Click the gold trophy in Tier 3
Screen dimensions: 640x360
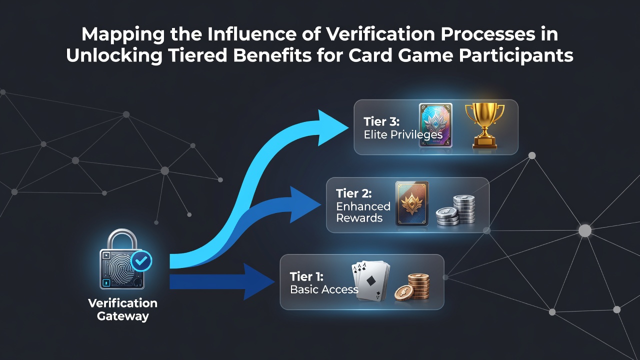(x=485, y=125)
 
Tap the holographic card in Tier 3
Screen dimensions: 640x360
(x=435, y=125)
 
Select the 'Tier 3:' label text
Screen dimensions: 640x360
(x=381, y=121)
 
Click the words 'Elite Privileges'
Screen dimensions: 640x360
(x=403, y=135)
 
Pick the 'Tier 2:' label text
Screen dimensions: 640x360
(x=353, y=193)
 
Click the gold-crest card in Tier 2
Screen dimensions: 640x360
(x=412, y=203)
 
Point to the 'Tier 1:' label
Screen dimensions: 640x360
(x=306, y=276)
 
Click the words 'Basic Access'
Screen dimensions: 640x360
(x=324, y=289)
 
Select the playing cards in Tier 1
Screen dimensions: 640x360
(x=371, y=280)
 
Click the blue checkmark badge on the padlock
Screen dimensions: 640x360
(x=141, y=261)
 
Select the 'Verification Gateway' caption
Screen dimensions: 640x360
(x=122, y=309)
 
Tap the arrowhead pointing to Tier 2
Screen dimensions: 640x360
(x=305, y=204)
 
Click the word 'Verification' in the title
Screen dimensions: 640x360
(x=380, y=34)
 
